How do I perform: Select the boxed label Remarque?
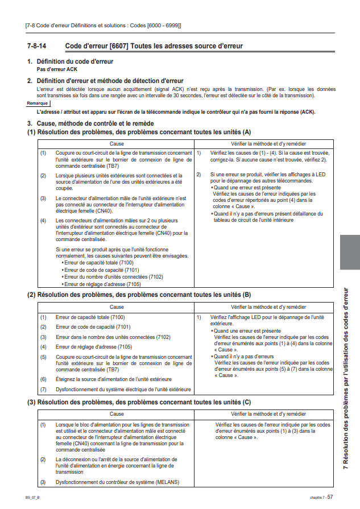click(38, 103)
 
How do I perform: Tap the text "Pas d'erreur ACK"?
click(57, 68)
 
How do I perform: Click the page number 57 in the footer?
click(338, 496)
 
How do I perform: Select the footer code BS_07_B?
click(32, 496)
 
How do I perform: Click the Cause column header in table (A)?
click(117, 144)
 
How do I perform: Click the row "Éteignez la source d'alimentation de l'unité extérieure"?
click(113, 379)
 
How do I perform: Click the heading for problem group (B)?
click(139, 295)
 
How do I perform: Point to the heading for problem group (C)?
click(139, 402)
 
